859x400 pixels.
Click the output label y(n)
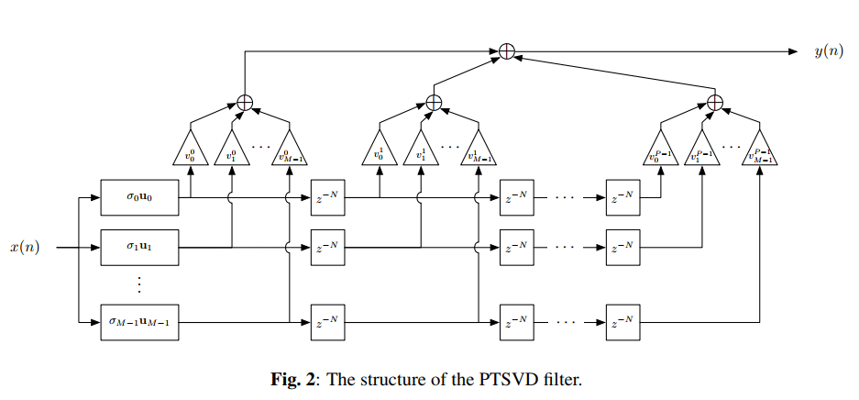point(829,51)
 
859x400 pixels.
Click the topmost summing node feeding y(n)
point(505,51)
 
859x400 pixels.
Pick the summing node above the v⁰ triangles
point(245,103)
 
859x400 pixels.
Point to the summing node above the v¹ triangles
point(435,103)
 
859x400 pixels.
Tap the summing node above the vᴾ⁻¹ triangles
point(715,103)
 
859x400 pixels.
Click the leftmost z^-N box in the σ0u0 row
point(327,196)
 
